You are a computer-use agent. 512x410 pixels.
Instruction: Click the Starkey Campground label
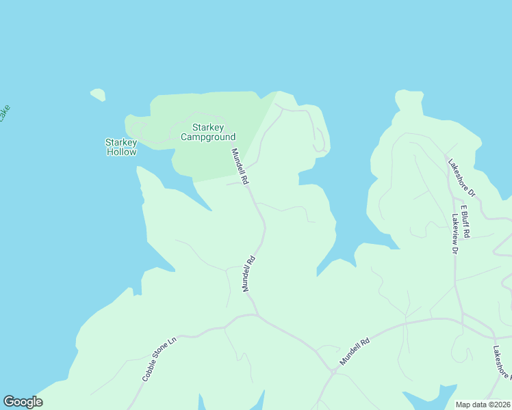(208, 132)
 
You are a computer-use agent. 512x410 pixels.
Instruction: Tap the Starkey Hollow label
(121, 147)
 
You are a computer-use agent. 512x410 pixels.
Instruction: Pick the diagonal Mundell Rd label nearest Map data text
(355, 351)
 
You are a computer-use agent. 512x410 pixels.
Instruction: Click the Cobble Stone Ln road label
(159, 357)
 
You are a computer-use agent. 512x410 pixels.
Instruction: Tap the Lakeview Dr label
(455, 234)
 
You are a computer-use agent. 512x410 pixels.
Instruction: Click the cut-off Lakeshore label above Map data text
(501, 362)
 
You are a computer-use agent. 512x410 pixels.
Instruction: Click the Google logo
(23, 402)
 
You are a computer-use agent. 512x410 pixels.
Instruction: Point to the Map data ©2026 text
(483, 405)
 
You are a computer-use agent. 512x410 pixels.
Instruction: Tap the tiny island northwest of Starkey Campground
(98, 94)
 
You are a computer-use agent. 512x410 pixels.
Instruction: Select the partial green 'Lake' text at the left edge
(4, 113)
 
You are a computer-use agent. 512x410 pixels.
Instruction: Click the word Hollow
(121, 152)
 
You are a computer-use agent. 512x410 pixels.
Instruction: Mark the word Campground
(208, 137)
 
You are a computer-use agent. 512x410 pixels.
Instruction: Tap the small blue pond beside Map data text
(428, 398)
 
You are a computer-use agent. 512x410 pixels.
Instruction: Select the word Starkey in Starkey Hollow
(121, 142)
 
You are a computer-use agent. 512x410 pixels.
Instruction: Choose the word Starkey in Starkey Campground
(208, 127)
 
